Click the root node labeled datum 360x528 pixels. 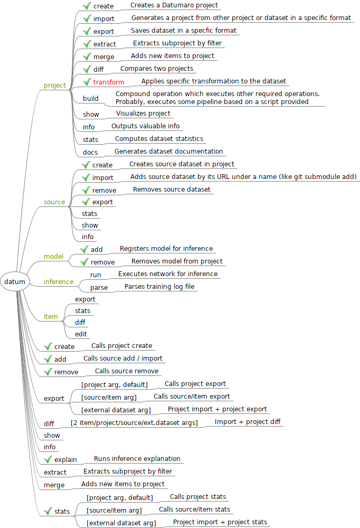pyautogui.click(x=15, y=281)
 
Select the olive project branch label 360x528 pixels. pyautogui.click(x=55, y=86)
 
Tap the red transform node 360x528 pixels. pyautogui.click(x=109, y=82)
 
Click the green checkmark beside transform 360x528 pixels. pyautogui.click(x=87, y=82)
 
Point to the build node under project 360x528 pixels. pyautogui.click(x=91, y=98)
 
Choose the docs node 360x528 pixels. pyautogui.click(x=90, y=152)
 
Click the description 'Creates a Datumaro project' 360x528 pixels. pyautogui.click(x=174, y=5)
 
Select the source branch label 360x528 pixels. pyautogui.click(x=54, y=202)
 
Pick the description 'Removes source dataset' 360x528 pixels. pyautogui.click(x=172, y=189)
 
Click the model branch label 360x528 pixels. pyautogui.click(x=53, y=256)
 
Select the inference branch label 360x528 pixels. pyautogui.click(x=59, y=281)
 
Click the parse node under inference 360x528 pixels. pyautogui.click(x=99, y=288)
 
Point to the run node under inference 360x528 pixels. pyautogui.click(x=96, y=275)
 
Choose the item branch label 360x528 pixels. pyautogui.click(x=51, y=316)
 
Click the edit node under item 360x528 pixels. pyautogui.click(x=81, y=334)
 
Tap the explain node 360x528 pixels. pyautogui.click(x=65, y=459)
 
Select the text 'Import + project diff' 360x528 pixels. pyautogui.click(x=248, y=422)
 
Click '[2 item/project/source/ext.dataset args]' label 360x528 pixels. pyautogui.click(x=134, y=423)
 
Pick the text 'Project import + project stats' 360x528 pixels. pyautogui.click(x=220, y=522)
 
